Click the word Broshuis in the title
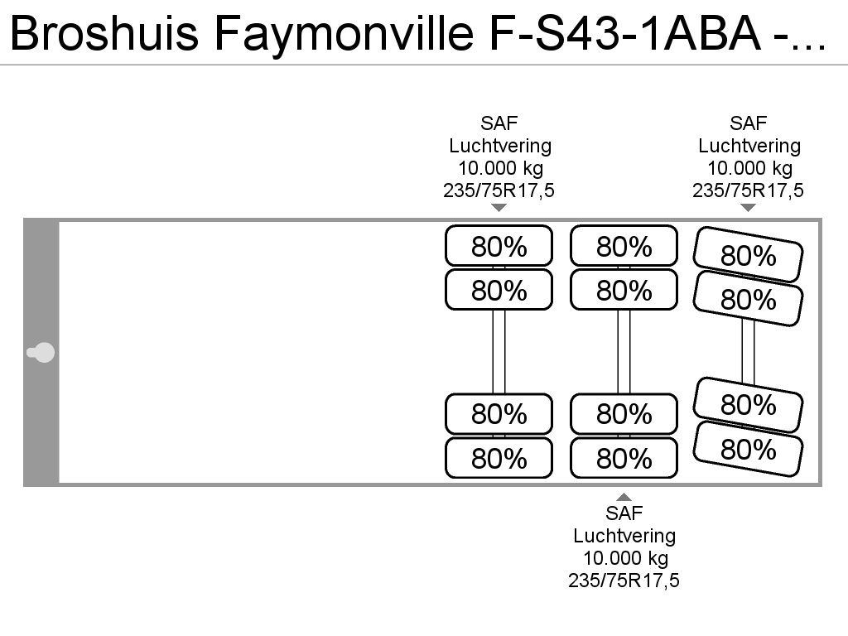click(104, 33)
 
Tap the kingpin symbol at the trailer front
click(41, 353)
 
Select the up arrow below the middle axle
click(624, 497)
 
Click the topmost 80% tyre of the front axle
click(499, 246)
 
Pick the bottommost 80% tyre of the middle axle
click(624, 458)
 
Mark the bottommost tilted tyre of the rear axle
click(748, 449)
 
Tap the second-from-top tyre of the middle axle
click(624, 290)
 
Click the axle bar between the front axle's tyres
click(499, 351)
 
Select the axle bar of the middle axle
click(624, 351)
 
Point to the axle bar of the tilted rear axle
click(748, 351)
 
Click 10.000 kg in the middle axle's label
click(624, 557)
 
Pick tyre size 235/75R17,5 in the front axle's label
click(499, 190)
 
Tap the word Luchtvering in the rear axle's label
click(749, 146)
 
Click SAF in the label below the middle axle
click(624, 513)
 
